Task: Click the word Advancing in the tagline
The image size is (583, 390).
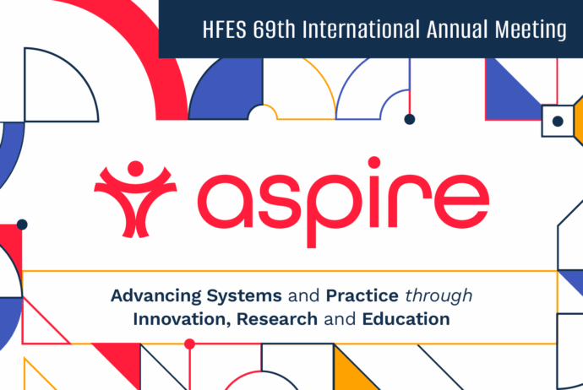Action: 155,297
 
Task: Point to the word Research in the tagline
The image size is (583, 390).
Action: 277,320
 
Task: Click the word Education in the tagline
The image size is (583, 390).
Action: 406,320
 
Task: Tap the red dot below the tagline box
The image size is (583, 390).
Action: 189,344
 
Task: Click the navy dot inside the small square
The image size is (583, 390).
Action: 558,122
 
